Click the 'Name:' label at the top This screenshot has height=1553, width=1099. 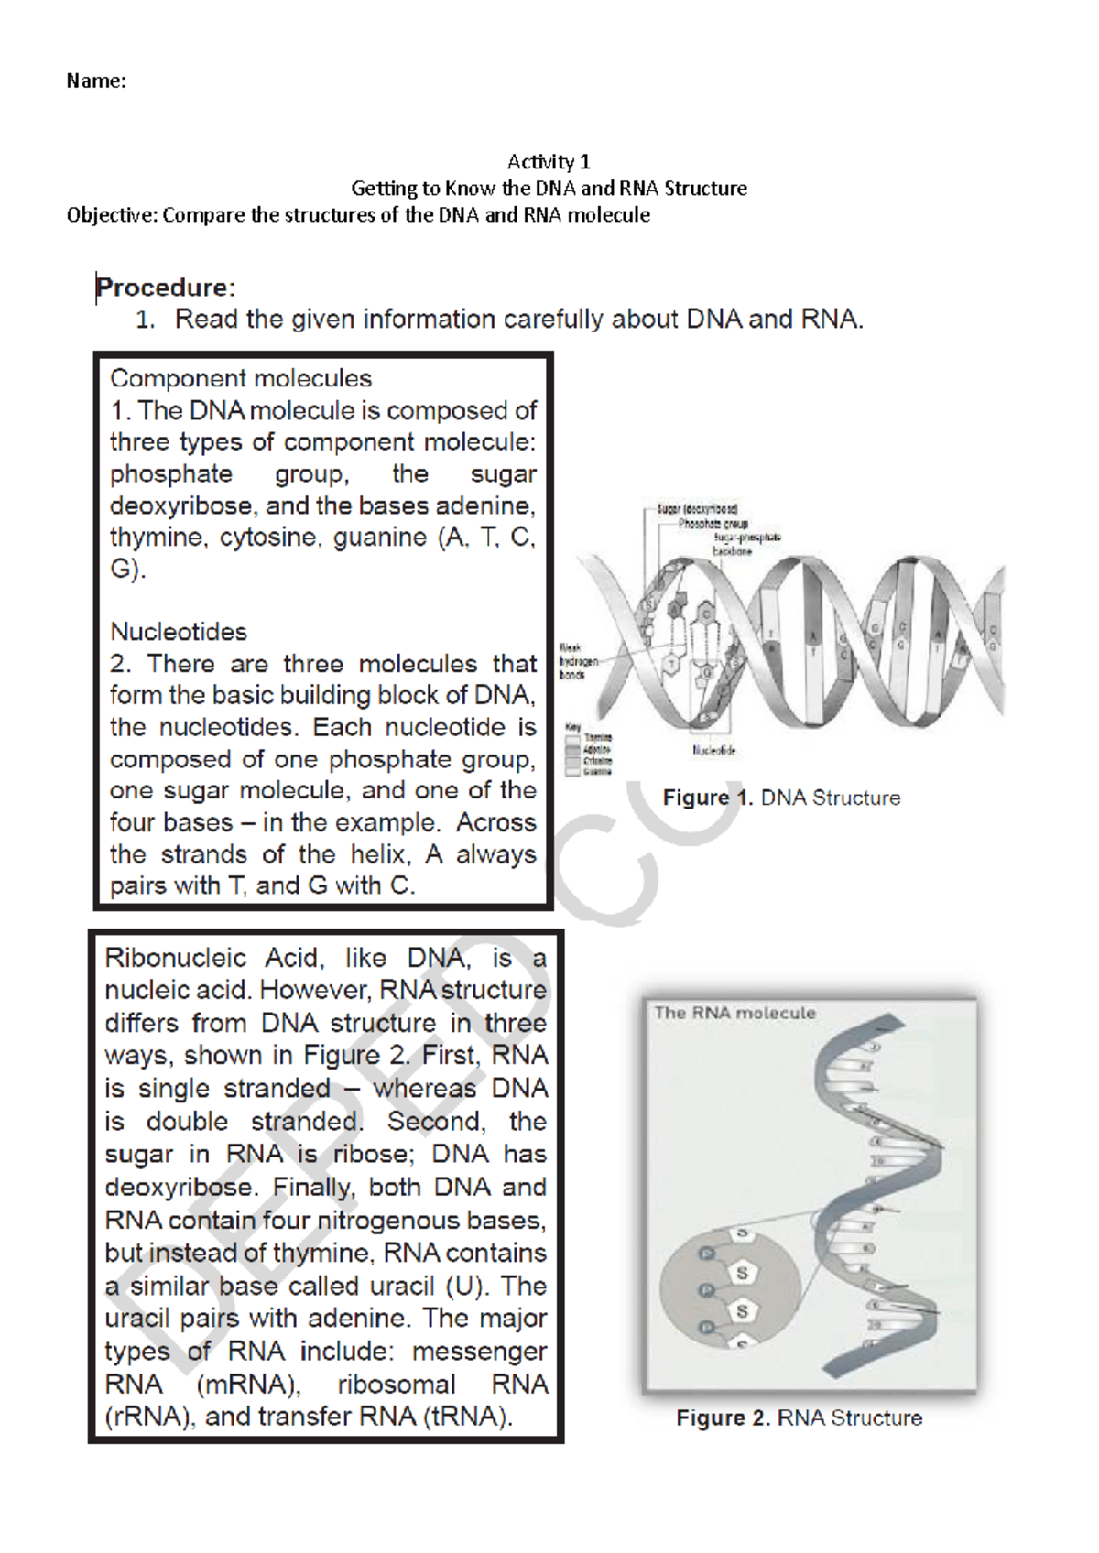point(95,81)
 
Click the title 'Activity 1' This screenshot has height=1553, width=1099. point(549,162)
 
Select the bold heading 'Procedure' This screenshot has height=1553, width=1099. point(163,288)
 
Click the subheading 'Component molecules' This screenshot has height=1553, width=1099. point(241,378)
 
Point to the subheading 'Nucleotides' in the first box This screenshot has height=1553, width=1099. point(179,632)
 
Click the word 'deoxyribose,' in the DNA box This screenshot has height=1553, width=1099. point(180,505)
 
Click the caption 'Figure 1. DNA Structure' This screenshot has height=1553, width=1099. point(781,798)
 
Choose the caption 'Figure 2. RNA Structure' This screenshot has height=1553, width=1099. point(799,1418)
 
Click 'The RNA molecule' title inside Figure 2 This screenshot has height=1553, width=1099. point(734,1013)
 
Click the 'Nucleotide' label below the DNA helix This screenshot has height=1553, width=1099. point(713,750)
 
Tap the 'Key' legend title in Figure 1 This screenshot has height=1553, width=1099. point(573,726)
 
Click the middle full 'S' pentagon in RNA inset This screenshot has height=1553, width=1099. point(742,1273)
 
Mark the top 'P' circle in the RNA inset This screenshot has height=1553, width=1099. point(706,1254)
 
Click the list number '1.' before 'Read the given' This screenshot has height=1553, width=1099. point(146,320)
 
